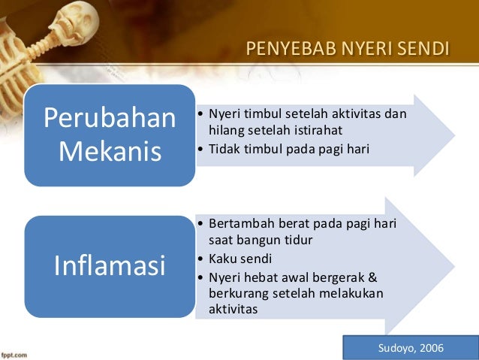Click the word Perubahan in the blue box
pos(110,118)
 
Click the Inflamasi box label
pos(110,265)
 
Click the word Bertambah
pos(239,225)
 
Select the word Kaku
pos(221,258)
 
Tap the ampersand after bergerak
pos(372,276)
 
